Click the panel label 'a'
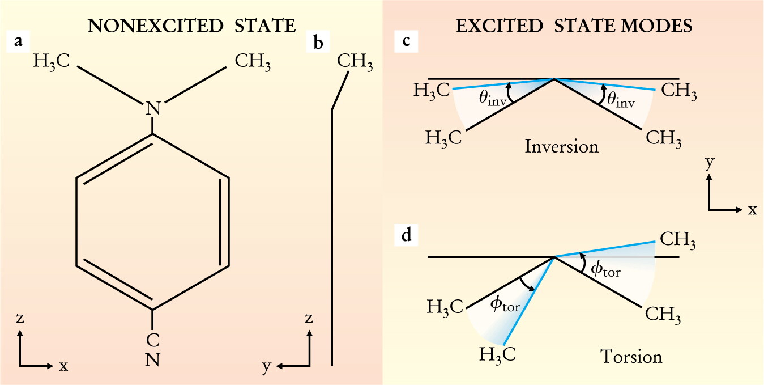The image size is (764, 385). [19, 41]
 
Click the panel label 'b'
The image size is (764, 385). [318, 43]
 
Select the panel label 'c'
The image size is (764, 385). [406, 41]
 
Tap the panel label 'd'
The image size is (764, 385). [406, 235]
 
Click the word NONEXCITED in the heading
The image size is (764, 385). [156, 26]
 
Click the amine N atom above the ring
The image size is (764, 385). [153, 108]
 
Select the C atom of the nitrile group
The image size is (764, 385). [152, 340]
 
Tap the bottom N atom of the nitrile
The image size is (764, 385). [152, 359]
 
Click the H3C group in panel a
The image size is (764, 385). [52, 61]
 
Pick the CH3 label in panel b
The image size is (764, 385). [355, 61]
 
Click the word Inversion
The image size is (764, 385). [561, 146]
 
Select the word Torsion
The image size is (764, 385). [631, 356]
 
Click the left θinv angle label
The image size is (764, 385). [493, 99]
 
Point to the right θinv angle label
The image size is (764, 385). [621, 100]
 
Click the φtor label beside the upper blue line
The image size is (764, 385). [606, 270]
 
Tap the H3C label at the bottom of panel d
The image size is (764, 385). [497, 354]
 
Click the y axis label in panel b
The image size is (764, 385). [266, 366]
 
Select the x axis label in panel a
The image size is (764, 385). [63, 366]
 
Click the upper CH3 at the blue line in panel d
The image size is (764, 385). [678, 240]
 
